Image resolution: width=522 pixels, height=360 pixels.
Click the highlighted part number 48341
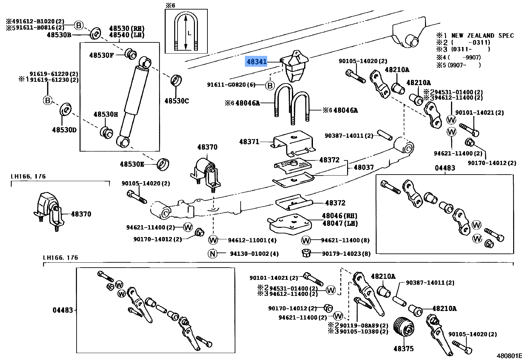(256, 61)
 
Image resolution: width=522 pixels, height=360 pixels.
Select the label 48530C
(177, 101)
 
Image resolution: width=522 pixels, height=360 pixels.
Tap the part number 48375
(403, 348)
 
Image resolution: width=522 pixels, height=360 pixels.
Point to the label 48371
(249, 142)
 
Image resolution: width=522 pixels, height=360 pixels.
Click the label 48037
(364, 167)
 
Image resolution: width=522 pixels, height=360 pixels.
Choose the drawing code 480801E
(509, 356)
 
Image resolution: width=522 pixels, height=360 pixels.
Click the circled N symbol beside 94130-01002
(213, 253)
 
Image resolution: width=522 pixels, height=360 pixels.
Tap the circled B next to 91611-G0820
(270, 85)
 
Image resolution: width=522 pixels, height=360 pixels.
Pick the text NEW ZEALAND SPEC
(482, 36)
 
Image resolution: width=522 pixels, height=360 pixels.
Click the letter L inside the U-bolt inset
(189, 33)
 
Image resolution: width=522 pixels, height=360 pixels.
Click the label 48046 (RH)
(340, 216)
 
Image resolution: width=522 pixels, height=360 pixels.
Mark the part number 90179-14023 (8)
(346, 253)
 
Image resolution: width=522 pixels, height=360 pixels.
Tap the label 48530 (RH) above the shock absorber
(127, 29)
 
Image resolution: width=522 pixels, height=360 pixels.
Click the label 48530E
(132, 164)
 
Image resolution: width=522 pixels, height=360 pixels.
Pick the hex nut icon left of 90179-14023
(306, 253)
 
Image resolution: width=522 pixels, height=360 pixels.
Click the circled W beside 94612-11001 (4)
(213, 240)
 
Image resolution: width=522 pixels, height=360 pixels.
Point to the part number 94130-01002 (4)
(254, 253)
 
